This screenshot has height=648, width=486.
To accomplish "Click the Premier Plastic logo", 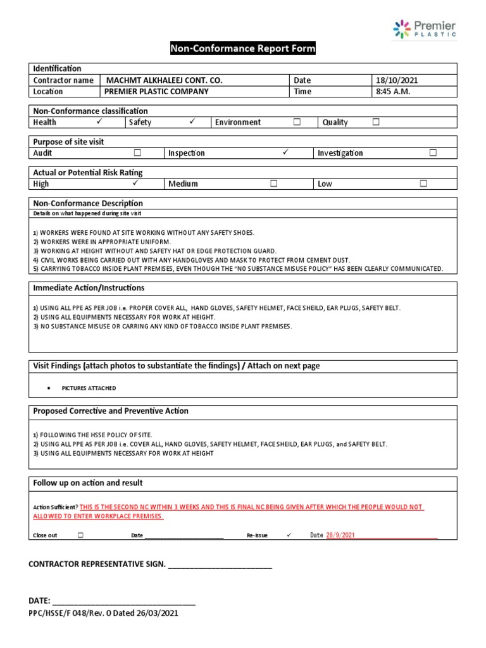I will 423,29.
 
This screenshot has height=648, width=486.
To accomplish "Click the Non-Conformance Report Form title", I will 242,49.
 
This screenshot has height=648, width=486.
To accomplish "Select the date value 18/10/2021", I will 397,80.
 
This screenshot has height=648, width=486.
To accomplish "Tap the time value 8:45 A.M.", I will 393,91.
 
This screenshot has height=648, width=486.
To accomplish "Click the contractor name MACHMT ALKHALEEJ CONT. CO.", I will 164,80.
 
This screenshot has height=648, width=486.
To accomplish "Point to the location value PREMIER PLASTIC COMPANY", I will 156,91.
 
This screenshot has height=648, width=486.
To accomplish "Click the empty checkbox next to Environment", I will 297,122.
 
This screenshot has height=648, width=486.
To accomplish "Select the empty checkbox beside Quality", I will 376,122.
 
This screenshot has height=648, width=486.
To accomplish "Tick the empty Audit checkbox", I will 137,153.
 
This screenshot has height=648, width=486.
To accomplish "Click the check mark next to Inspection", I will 286,152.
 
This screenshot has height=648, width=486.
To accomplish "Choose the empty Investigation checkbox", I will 433,153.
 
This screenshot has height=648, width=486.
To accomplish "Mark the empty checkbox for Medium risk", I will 273,184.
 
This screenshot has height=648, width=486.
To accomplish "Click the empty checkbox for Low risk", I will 423,184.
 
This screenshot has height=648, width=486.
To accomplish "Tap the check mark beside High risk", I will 135,183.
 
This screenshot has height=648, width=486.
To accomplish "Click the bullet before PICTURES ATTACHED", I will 49,388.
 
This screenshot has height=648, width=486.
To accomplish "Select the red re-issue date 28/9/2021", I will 340,535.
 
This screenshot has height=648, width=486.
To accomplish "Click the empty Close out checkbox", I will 80,535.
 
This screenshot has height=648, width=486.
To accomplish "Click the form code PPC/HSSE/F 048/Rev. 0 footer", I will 103,613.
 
